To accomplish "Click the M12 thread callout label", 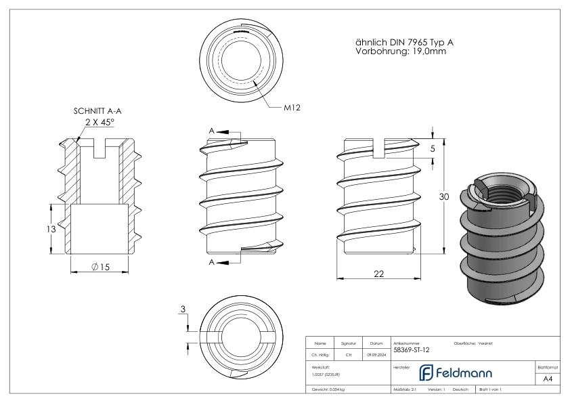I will coord(292,108).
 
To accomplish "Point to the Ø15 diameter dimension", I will coord(100,267).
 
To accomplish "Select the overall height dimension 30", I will coord(443,196).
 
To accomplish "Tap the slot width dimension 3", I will coord(183,310).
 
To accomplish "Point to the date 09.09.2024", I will coord(377,354).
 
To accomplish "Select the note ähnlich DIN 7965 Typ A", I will coord(404,42).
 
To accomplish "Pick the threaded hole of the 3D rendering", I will coord(505,192).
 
